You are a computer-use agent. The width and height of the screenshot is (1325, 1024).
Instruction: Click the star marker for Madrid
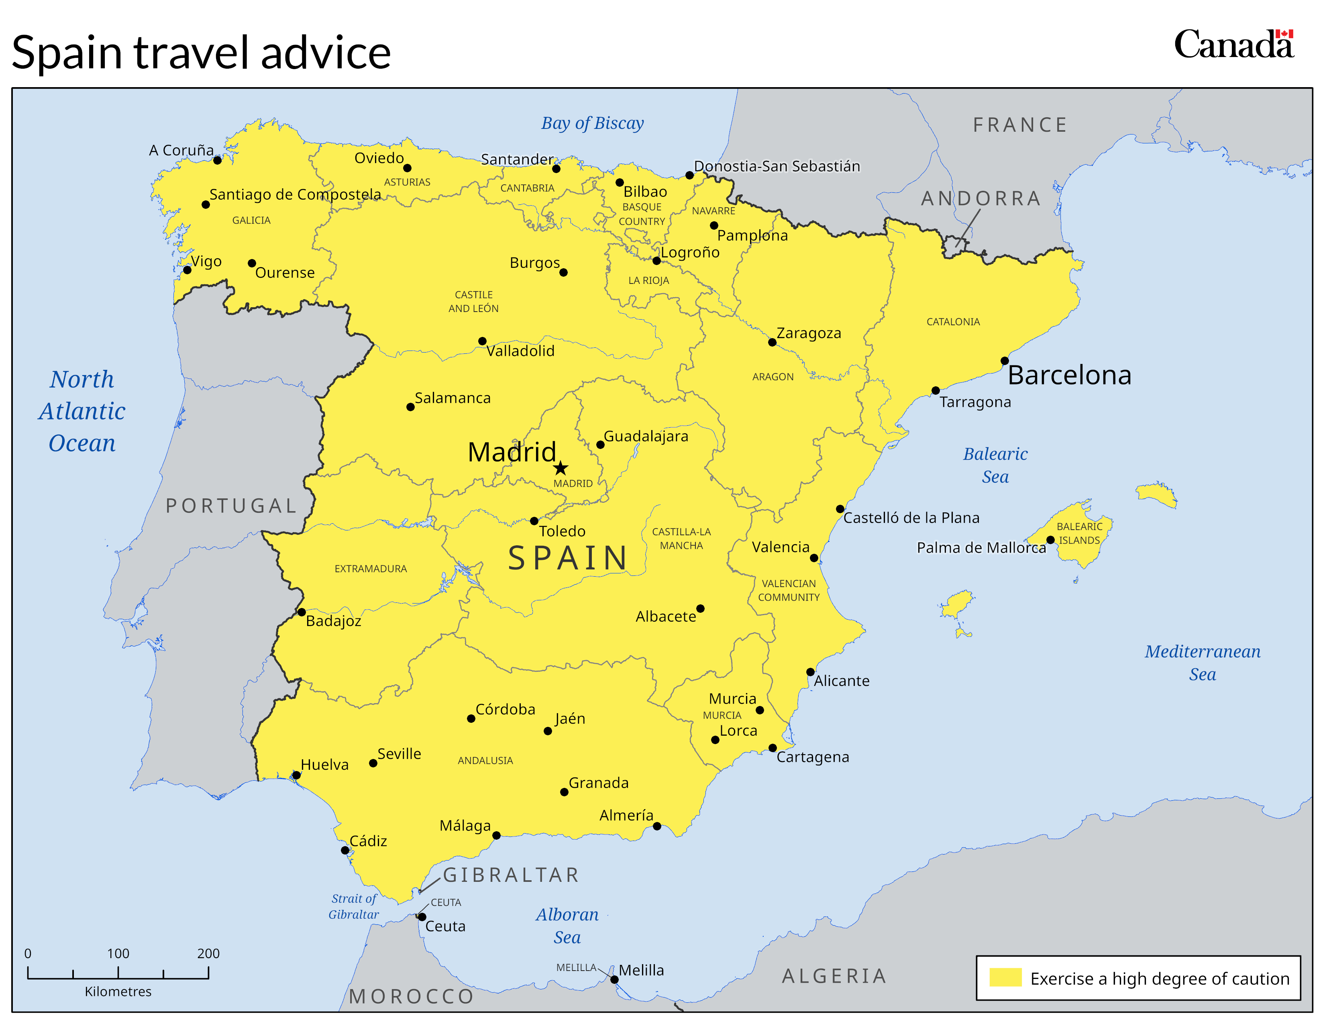click(x=561, y=468)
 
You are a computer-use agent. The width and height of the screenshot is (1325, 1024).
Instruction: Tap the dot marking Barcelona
click(x=1004, y=361)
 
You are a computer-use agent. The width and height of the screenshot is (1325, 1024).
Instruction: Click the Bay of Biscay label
click(x=592, y=123)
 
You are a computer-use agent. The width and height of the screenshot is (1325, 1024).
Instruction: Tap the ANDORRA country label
click(x=980, y=198)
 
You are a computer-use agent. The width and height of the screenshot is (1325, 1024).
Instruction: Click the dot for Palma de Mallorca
click(x=1050, y=540)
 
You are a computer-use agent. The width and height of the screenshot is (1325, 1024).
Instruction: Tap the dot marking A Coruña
click(x=217, y=160)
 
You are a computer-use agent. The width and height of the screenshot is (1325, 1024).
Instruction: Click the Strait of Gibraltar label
click(x=354, y=906)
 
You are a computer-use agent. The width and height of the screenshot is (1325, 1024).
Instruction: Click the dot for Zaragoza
click(x=772, y=342)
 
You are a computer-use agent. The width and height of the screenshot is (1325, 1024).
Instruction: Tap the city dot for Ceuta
click(x=422, y=917)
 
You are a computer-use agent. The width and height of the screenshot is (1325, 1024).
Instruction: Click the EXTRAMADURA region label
click(x=370, y=568)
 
